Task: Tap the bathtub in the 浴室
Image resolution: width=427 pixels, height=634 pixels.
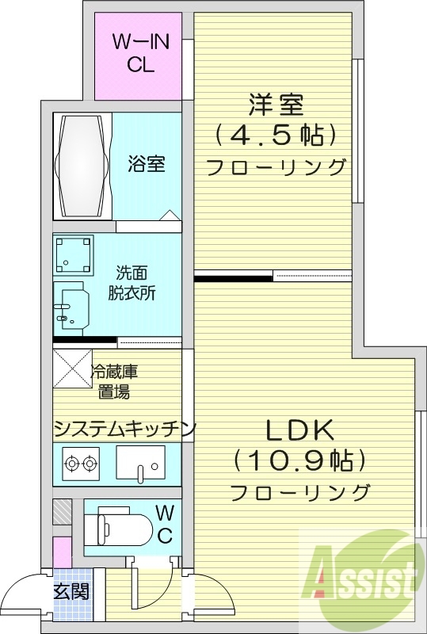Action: pyautogui.click(x=80, y=166)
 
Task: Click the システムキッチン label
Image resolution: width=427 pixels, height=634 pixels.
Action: pyautogui.click(x=124, y=429)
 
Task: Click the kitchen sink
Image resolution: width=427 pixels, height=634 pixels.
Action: pyautogui.click(x=141, y=463)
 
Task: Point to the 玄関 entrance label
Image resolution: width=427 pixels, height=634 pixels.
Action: pyautogui.click(x=71, y=590)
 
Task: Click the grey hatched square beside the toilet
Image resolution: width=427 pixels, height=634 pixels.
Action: pyautogui.click(x=63, y=511)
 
